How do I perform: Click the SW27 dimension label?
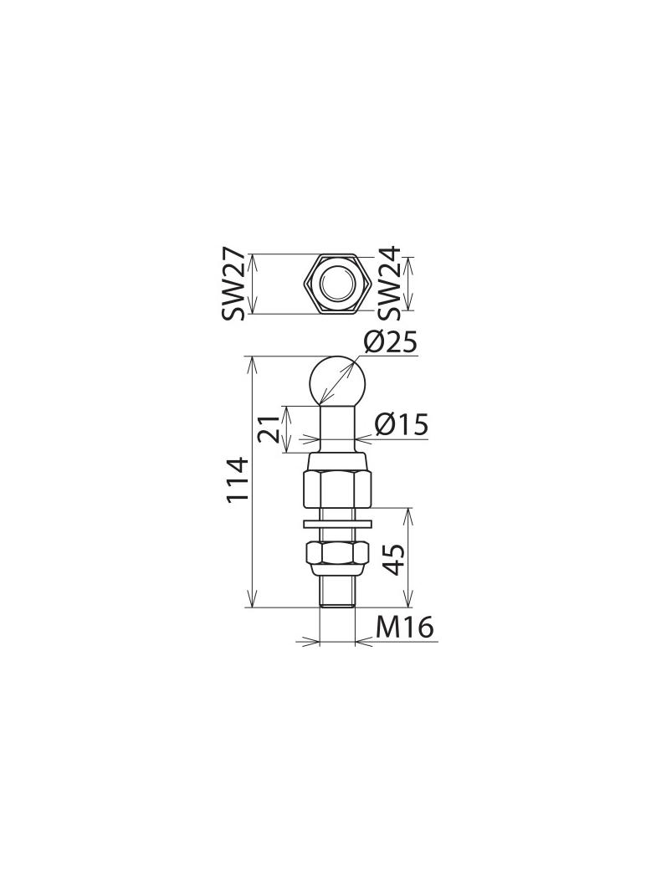point(233,284)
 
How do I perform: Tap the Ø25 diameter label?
point(390,342)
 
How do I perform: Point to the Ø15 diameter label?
point(401,424)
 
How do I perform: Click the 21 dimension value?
point(269,428)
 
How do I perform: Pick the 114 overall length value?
point(238,479)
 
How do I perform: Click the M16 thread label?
point(404,628)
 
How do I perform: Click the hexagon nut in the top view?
point(337,284)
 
